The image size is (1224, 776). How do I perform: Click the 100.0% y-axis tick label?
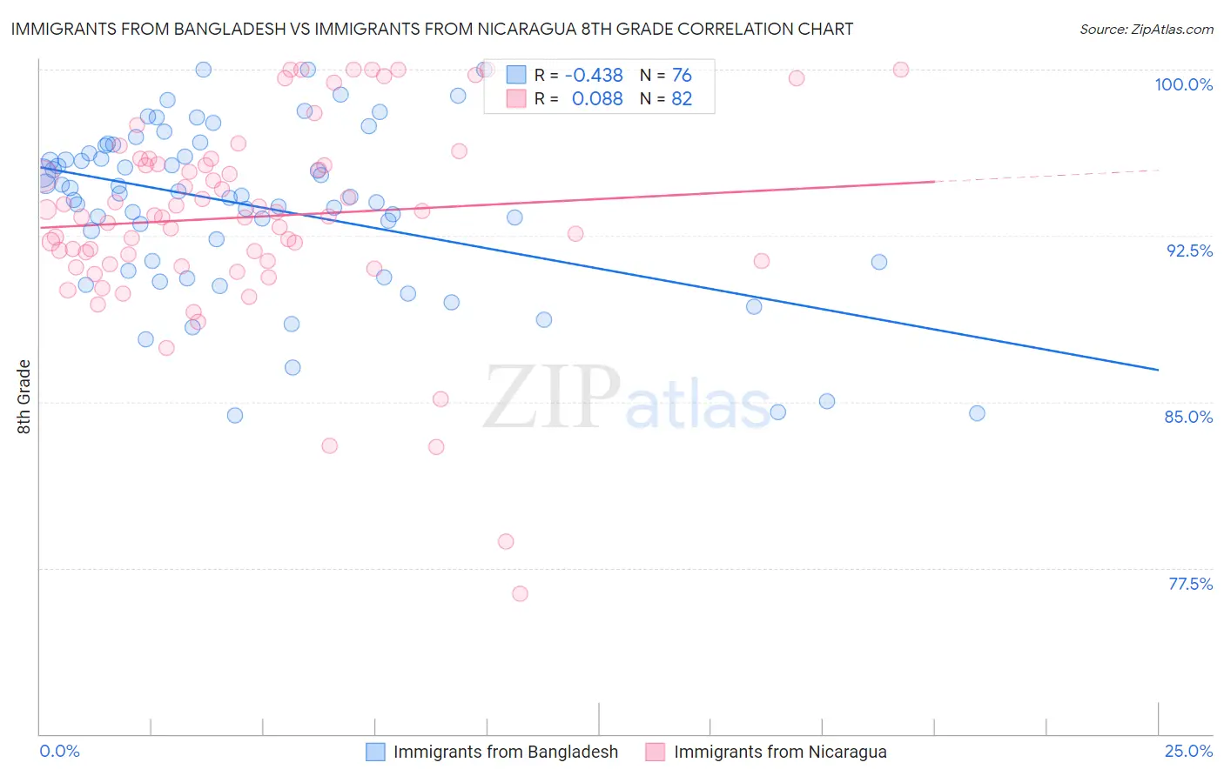click(x=1183, y=84)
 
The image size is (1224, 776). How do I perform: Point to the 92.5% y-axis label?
click(x=1189, y=251)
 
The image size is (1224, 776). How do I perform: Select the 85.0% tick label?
click(x=1188, y=417)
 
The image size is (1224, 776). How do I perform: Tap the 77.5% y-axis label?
click(x=1190, y=584)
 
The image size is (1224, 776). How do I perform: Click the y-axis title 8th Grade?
click(x=24, y=397)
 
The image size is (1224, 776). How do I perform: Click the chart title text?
click(x=432, y=29)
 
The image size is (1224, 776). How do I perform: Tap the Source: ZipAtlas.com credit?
click(x=1146, y=30)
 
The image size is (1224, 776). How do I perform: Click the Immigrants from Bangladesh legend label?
click(x=505, y=753)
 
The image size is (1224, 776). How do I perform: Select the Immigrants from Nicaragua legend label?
click(x=780, y=753)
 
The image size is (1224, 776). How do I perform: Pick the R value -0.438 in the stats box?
click(x=594, y=76)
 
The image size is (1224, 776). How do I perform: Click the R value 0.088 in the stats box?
click(x=597, y=99)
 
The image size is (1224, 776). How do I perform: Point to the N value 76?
click(x=682, y=76)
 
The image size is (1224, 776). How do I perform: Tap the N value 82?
click(x=682, y=99)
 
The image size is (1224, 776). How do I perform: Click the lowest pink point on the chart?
click(x=520, y=594)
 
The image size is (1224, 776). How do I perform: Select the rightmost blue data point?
click(x=977, y=413)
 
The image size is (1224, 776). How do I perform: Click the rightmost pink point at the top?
click(x=901, y=70)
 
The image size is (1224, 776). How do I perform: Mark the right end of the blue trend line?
click(x=1158, y=370)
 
